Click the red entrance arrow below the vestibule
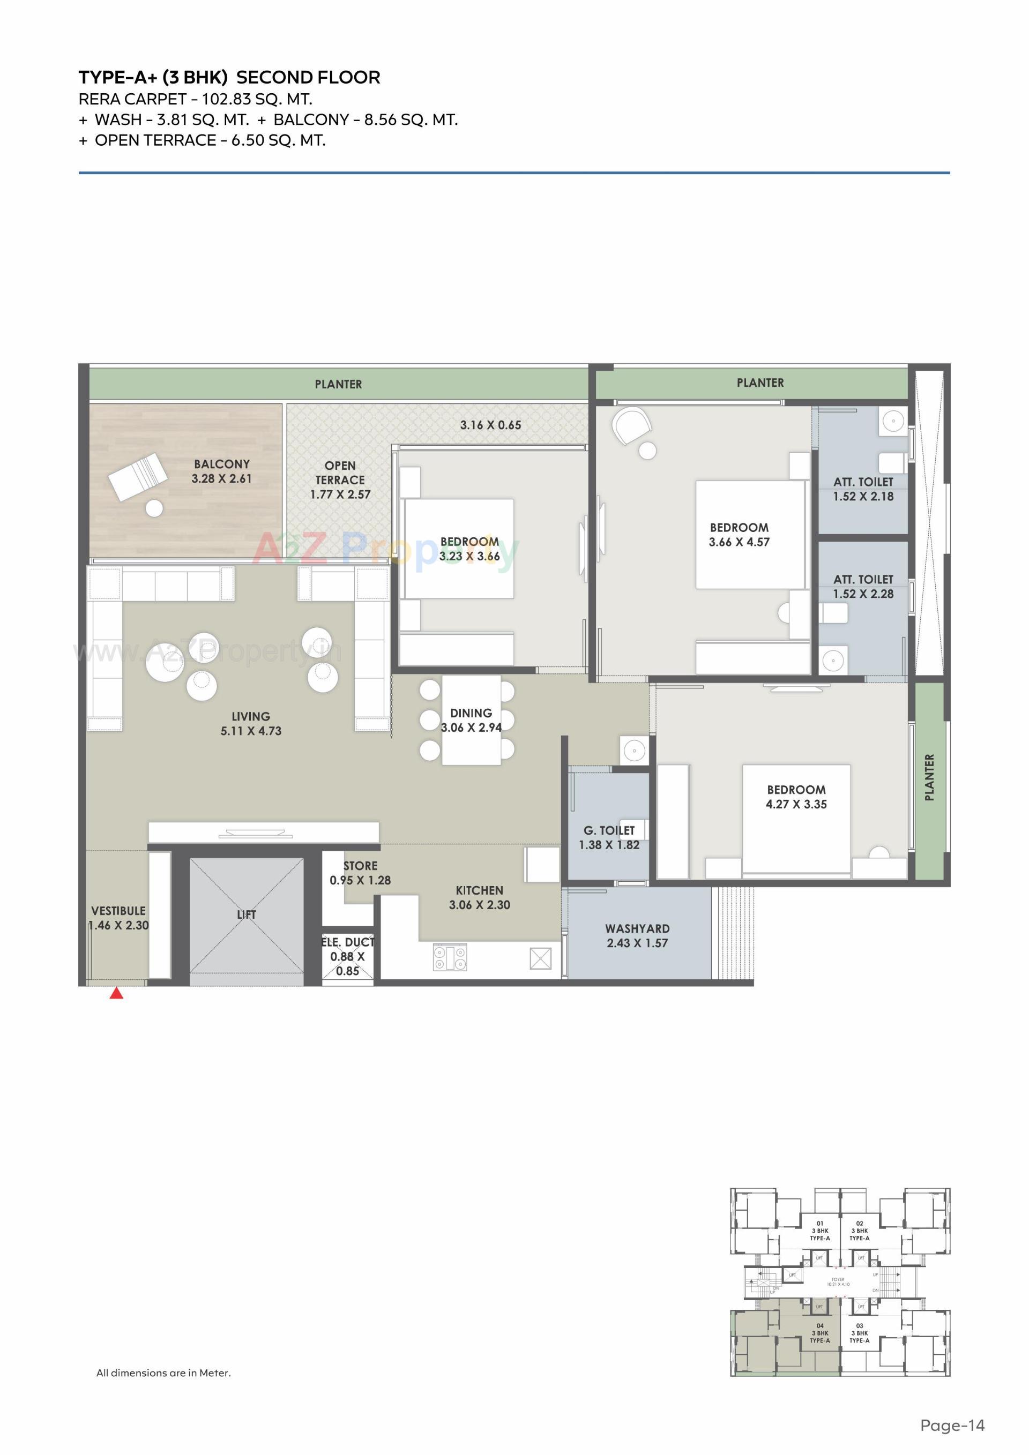click(116, 993)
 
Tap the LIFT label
click(246, 914)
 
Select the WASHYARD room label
click(637, 928)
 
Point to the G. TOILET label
click(609, 830)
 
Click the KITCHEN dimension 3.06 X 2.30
click(479, 905)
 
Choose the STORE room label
click(360, 866)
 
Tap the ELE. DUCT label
click(347, 942)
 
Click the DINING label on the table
click(471, 713)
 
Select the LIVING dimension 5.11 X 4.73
click(251, 731)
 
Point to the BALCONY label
click(222, 464)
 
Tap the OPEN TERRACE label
click(340, 472)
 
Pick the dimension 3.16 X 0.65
click(491, 425)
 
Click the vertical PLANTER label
click(929, 777)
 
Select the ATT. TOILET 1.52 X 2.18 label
click(863, 489)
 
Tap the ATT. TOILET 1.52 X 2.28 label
click(863, 587)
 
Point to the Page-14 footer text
click(952, 1425)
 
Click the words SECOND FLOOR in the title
click(308, 77)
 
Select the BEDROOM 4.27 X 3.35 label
click(796, 797)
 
